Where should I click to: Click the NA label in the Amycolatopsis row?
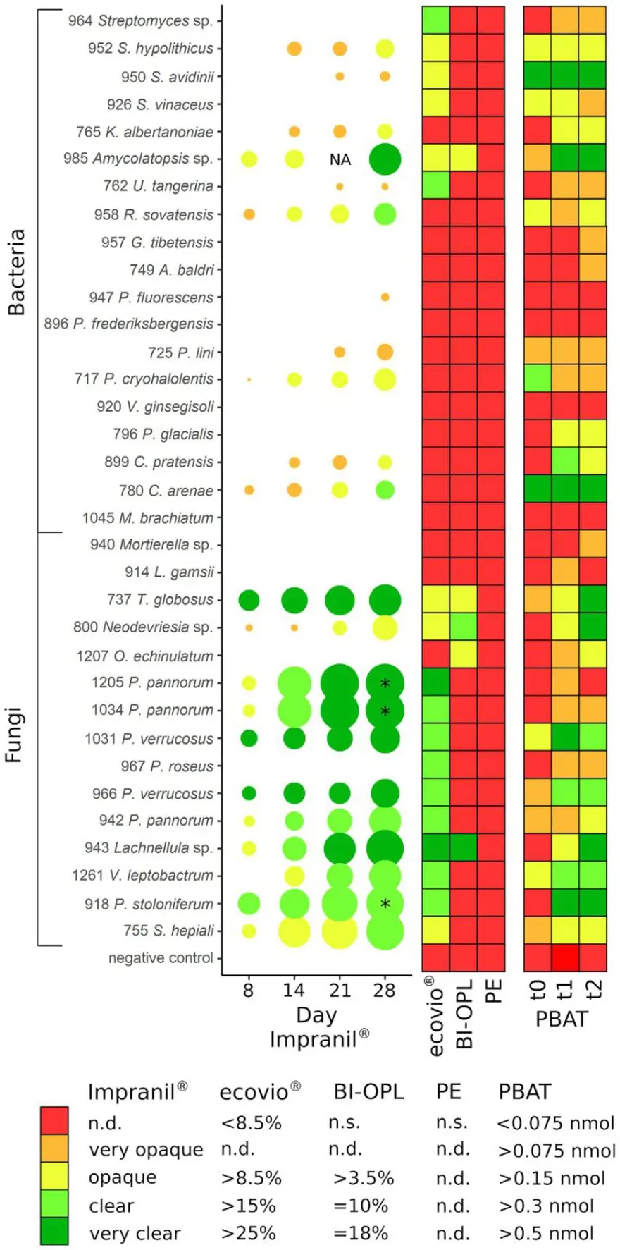(x=340, y=159)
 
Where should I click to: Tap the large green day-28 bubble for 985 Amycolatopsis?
(x=385, y=159)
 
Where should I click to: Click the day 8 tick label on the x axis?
(x=248, y=991)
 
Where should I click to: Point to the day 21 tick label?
(x=340, y=991)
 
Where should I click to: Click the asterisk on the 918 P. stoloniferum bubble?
(x=385, y=904)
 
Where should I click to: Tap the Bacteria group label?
(x=16, y=271)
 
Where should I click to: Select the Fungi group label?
(x=15, y=735)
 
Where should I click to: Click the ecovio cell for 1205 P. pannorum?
(x=436, y=682)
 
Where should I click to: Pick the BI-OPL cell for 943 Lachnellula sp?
(x=464, y=847)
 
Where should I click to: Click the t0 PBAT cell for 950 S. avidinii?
(x=538, y=75)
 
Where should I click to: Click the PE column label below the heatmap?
(x=493, y=990)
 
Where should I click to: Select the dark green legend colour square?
(x=54, y=1231)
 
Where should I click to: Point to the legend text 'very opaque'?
(x=145, y=1150)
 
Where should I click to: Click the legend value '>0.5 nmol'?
(x=546, y=1233)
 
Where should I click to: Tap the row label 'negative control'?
(x=161, y=958)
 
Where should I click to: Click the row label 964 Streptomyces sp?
(x=140, y=21)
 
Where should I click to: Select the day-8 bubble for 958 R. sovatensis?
(x=249, y=214)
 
